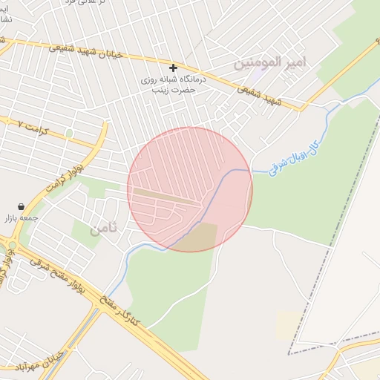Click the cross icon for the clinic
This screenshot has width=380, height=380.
[x=174, y=68]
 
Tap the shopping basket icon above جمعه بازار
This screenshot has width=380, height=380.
[x=22, y=206]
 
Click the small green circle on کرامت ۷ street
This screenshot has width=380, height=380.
[x=69, y=133]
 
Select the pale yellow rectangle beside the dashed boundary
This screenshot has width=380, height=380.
[x=289, y=324]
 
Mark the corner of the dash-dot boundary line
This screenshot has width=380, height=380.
[x=289, y=353]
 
